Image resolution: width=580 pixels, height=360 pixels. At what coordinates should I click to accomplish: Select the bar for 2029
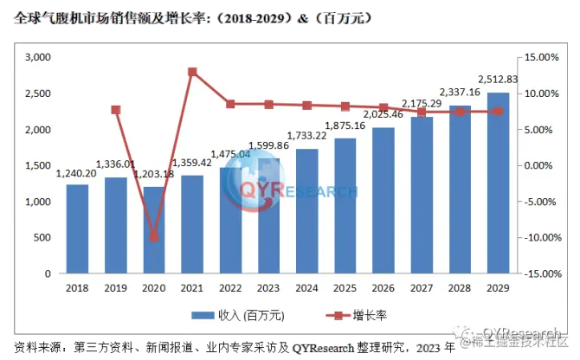(498, 183)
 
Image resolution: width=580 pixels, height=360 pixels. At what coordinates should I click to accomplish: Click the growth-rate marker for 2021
(192, 72)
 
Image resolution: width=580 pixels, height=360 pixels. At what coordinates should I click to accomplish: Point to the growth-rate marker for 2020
(154, 236)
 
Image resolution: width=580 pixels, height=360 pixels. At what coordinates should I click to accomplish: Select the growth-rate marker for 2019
(116, 110)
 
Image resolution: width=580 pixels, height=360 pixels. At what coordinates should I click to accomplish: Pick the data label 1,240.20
(77, 173)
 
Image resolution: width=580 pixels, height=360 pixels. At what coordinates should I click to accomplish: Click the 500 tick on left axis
(42, 237)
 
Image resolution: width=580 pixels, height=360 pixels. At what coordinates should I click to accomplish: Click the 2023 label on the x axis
(269, 288)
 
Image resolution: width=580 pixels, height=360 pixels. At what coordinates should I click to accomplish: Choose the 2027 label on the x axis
(422, 288)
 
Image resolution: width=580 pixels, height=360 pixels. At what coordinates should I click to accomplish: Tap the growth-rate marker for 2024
(307, 106)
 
